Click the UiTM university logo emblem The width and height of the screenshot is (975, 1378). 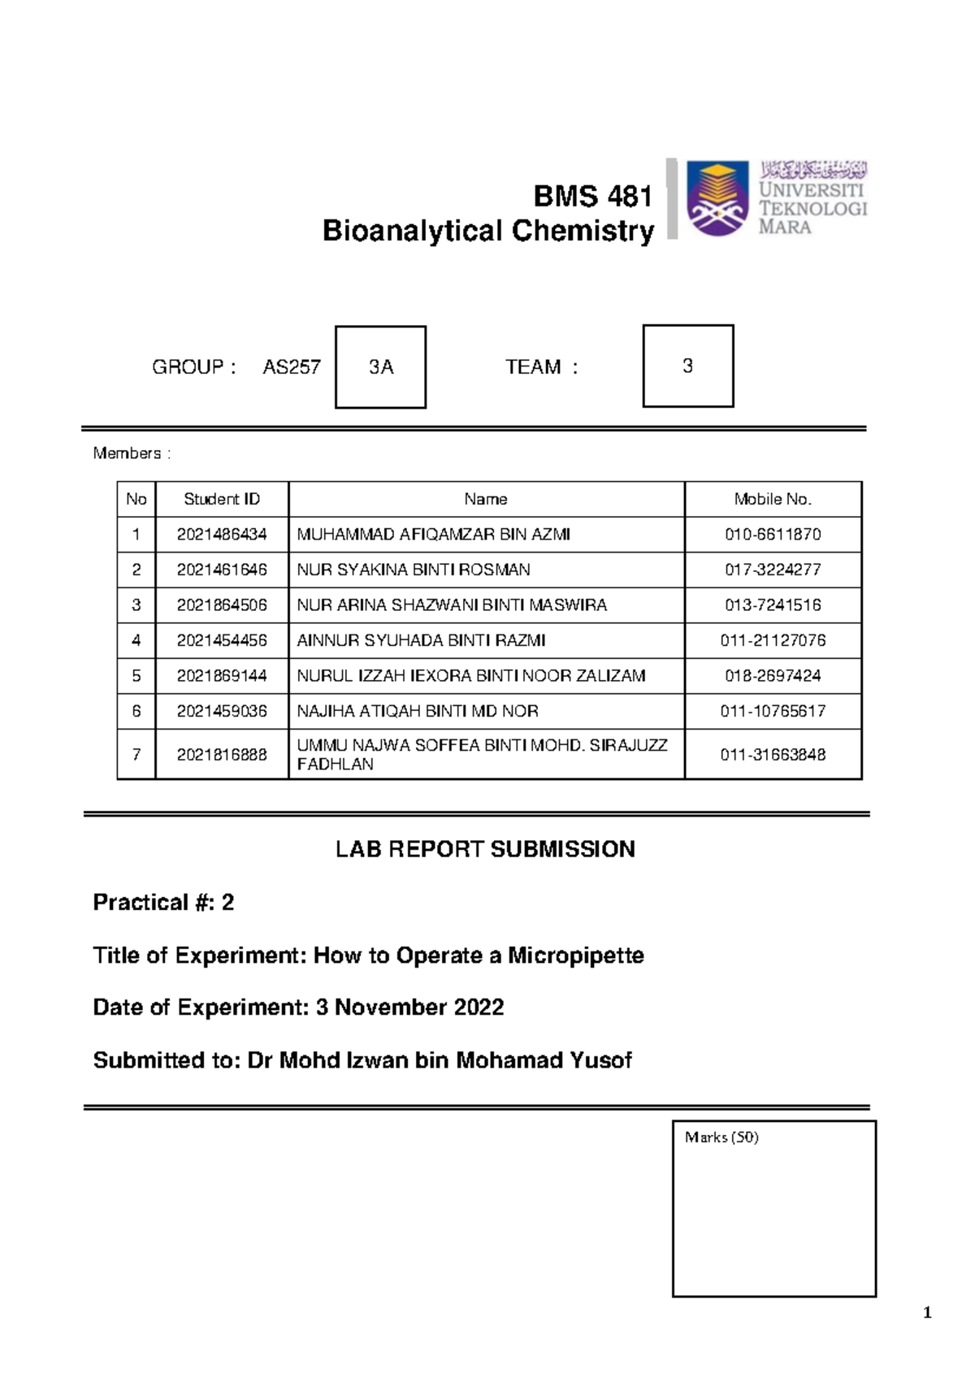click(x=717, y=199)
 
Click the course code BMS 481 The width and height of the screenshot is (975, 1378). click(x=592, y=197)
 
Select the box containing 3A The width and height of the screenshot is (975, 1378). click(x=380, y=367)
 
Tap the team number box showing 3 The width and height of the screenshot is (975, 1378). click(x=688, y=366)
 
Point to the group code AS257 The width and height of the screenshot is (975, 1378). click(x=291, y=367)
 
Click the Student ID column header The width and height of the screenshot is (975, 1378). click(x=222, y=500)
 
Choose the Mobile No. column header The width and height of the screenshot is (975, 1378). click(x=773, y=500)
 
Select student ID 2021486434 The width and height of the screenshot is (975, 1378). click(x=222, y=535)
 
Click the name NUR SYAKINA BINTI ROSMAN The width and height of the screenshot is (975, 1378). click(x=414, y=570)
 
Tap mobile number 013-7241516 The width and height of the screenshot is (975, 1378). click(x=773, y=605)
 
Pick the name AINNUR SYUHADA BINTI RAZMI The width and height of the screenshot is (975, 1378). click(x=421, y=640)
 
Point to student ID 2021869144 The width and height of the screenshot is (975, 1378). click(x=222, y=676)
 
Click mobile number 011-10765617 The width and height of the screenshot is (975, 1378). click(x=773, y=711)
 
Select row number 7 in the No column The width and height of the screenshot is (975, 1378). click(x=136, y=755)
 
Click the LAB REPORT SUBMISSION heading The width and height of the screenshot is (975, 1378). click(x=485, y=850)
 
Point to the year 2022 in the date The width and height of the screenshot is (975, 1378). click(x=479, y=1007)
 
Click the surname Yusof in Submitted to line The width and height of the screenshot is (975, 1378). click(x=602, y=1060)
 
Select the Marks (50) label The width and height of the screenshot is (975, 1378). click(x=721, y=1137)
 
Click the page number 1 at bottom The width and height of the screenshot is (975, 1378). click(x=928, y=1313)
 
